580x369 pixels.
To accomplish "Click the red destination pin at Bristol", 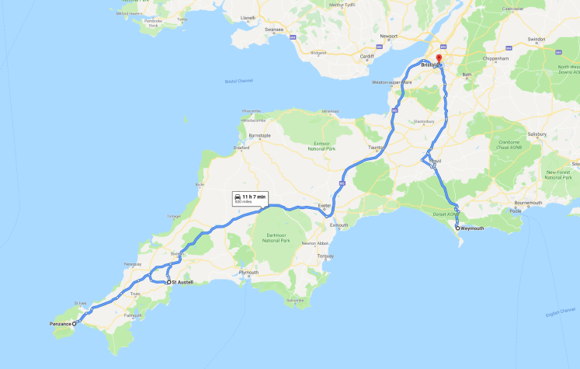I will tap(439, 59).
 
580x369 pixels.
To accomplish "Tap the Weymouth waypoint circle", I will tap(457, 228).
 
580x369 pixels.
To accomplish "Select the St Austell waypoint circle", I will tap(168, 283).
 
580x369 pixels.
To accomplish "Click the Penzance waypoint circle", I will tap(75, 323).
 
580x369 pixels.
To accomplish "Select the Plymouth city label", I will tap(248, 273).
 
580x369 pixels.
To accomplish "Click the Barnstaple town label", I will tap(259, 135).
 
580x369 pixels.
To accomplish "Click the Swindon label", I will tap(536, 38).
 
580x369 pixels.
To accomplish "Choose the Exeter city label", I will tap(325, 206).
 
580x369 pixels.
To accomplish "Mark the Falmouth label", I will tap(133, 315).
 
